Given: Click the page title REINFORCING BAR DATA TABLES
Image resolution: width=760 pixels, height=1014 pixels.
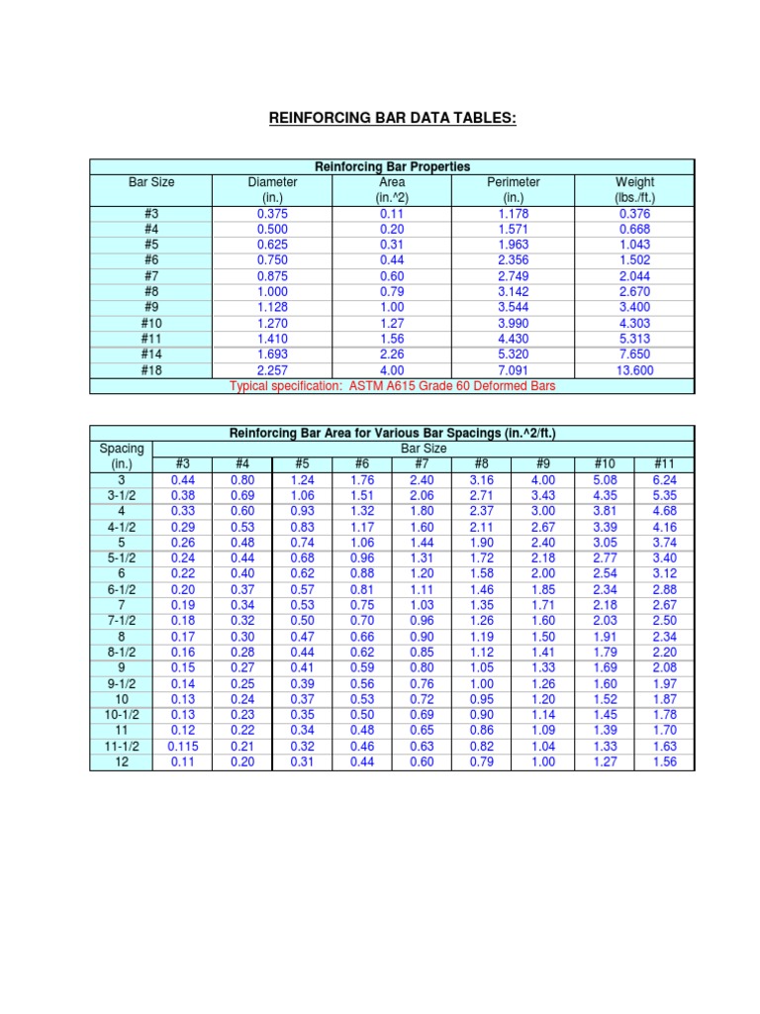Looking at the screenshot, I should point(393,120).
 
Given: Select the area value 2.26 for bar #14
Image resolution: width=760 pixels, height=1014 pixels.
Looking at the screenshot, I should point(392,355).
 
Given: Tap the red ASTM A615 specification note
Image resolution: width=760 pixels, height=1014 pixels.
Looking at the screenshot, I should point(392,385).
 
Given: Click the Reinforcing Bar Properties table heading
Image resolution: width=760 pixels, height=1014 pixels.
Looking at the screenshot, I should point(392,166).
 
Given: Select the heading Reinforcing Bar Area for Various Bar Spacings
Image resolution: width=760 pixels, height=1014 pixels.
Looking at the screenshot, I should point(392,433).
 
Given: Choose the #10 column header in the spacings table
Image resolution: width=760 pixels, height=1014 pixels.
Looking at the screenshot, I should point(604,463).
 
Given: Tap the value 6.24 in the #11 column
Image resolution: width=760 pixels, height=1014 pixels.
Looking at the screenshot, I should point(664,479).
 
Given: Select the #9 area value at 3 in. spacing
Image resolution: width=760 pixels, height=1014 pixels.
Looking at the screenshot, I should point(543,479).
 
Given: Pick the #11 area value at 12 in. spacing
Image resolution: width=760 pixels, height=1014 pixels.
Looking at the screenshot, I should point(664,761).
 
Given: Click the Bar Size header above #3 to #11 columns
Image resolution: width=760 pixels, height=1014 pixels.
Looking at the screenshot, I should point(423,449).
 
